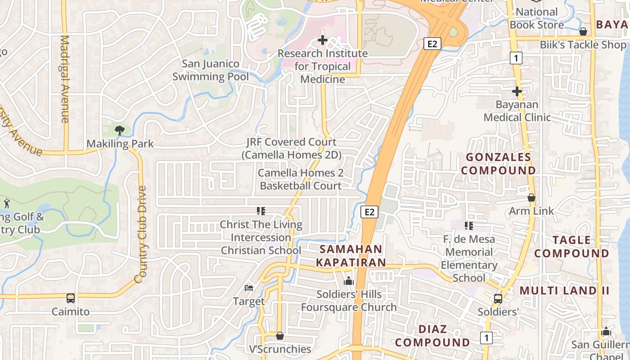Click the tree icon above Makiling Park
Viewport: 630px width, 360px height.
pos(119,130)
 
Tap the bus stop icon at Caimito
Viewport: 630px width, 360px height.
pos(71,298)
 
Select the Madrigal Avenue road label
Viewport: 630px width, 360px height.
pos(65,79)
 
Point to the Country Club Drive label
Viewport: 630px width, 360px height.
pos(141,234)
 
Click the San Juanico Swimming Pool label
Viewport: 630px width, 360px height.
pos(211,70)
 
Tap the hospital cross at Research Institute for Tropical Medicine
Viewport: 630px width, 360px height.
pos(323,40)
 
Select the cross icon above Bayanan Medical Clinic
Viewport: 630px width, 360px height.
pos(517,91)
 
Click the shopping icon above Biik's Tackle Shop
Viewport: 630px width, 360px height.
pos(583,31)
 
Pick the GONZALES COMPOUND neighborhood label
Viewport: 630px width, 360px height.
pos(499,164)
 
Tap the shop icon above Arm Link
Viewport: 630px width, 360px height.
pos(531,198)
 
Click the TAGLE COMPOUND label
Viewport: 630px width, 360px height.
pos(571,247)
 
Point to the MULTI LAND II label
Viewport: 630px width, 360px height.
pos(565,291)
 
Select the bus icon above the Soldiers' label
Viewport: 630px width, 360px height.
pos(498,298)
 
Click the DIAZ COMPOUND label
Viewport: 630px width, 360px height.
pos(432,336)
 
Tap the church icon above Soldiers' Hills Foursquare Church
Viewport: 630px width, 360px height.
pos(349,281)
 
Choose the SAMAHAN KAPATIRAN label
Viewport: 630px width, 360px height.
pos(351,256)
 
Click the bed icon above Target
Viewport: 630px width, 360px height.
pos(249,288)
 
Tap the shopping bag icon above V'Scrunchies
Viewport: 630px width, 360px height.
pos(280,336)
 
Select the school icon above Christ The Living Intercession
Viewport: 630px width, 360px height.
pos(261,211)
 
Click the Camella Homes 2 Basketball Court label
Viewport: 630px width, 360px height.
pos(300,179)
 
